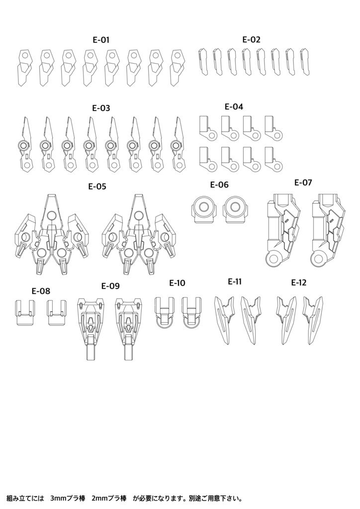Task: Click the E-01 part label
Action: [x=101, y=40]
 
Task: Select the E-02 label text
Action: [x=251, y=39]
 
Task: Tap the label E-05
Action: [x=97, y=187]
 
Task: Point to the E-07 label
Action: [x=303, y=182]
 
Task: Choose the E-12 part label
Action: [x=299, y=282]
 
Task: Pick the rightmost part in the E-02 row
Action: [x=304, y=62]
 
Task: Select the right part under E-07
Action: [x=327, y=230]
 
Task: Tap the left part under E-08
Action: [x=25, y=312]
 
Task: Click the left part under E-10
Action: [x=165, y=312]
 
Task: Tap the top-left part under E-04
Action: [x=208, y=128]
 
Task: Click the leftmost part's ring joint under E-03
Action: [x=23, y=145]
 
